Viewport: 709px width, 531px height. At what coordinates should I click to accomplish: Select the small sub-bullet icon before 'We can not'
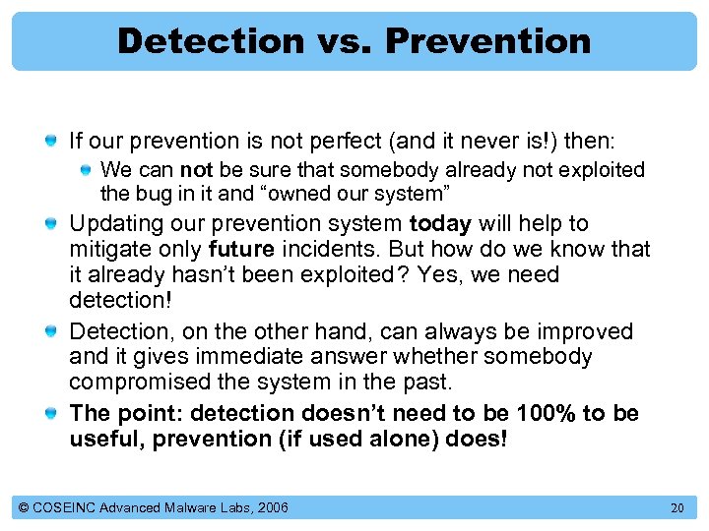(x=87, y=171)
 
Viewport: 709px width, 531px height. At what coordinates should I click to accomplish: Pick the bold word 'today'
(x=439, y=223)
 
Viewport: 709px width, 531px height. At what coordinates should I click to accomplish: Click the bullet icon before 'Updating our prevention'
(x=50, y=224)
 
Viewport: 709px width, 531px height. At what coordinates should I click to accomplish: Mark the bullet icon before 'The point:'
(x=50, y=413)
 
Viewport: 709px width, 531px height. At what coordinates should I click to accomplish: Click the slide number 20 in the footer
(x=676, y=507)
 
